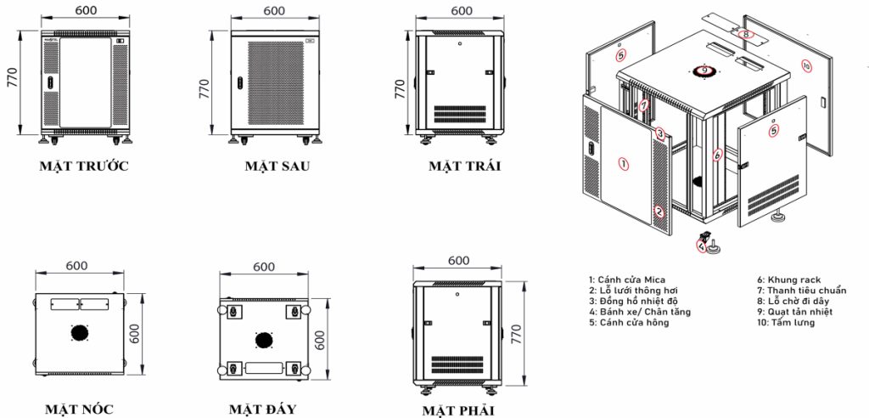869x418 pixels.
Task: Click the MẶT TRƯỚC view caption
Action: point(84,166)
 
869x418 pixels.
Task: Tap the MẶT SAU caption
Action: point(278,166)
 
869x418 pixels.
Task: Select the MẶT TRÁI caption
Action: point(464,166)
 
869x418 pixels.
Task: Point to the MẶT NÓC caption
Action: point(79,410)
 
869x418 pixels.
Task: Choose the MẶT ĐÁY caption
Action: point(263,410)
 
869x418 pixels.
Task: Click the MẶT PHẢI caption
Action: point(457,411)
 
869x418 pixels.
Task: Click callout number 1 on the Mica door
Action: point(624,164)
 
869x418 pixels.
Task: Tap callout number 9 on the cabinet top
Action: point(704,71)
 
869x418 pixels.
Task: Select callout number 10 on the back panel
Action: point(806,66)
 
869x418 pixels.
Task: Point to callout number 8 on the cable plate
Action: point(746,34)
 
